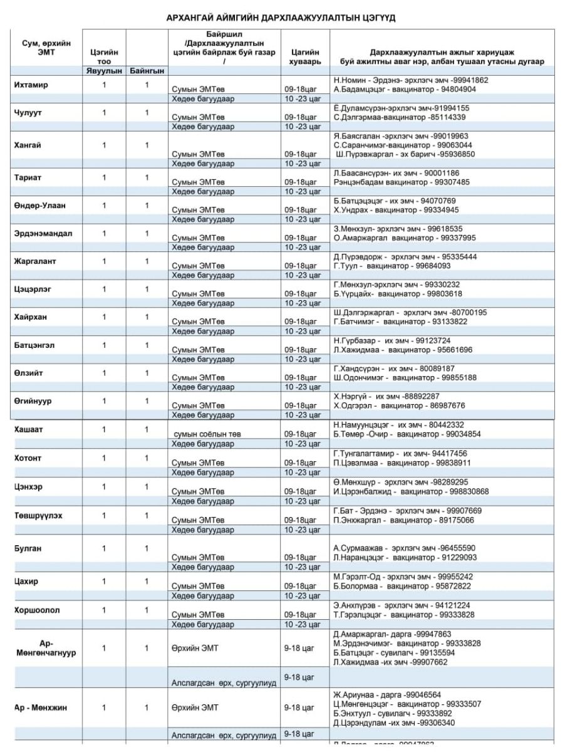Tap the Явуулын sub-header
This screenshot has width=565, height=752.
coord(105,71)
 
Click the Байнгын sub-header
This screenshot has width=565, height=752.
coord(146,71)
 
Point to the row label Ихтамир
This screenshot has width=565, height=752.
coord(31,85)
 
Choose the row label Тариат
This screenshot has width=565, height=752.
coord(28,177)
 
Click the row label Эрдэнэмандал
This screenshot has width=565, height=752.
coord(43,233)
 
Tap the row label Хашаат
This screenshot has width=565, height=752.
coord(29,429)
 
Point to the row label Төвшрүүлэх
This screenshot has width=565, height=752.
coord(38,515)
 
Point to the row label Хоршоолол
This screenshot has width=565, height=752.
coord(37,610)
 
